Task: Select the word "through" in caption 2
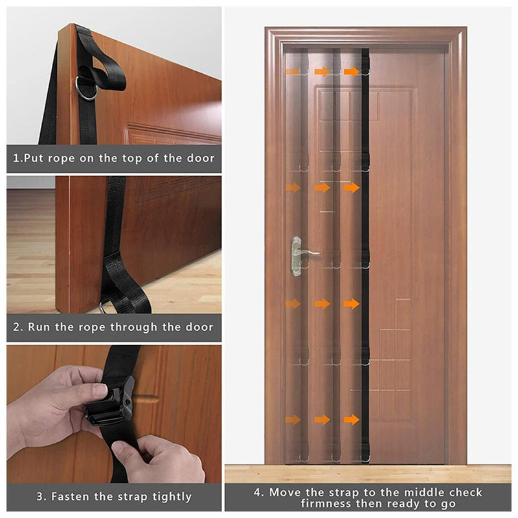134,327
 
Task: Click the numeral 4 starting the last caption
257,493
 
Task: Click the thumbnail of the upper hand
101,390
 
